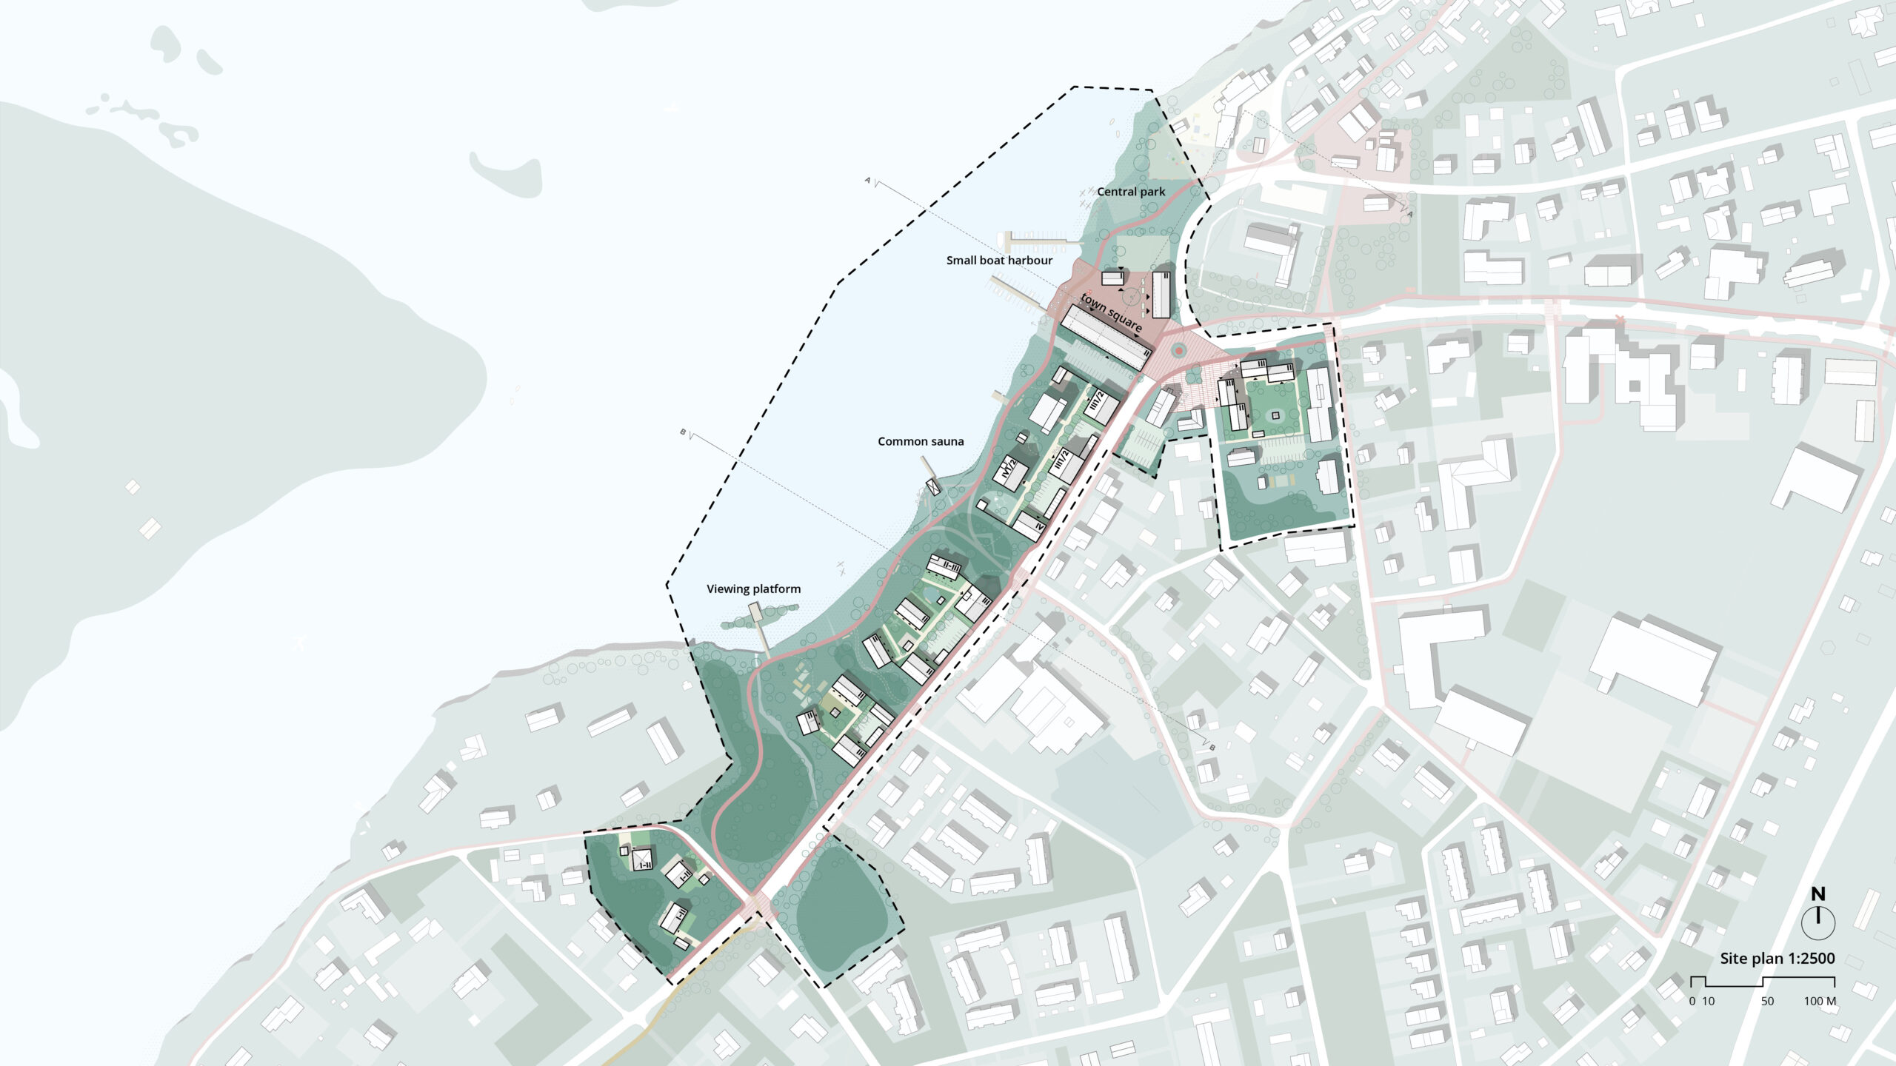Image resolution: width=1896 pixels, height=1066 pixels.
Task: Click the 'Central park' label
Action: point(1131,192)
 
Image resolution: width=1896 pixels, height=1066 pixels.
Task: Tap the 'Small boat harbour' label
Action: point(999,261)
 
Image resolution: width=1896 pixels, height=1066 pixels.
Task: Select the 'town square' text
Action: point(1111,312)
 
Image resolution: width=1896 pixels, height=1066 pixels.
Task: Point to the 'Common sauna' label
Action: point(921,441)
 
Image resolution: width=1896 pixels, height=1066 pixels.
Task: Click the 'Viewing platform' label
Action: point(753,589)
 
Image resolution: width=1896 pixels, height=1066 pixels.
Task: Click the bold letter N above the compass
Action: point(1818,894)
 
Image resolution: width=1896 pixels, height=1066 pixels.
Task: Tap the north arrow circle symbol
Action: point(1818,922)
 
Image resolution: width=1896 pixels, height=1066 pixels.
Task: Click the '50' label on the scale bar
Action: point(1767,1002)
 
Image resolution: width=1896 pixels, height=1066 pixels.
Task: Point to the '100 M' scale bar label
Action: point(1820,1002)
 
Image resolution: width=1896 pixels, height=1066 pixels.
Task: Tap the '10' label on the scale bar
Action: point(1708,1002)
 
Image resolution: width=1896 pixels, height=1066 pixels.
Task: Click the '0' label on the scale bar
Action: point(1692,1002)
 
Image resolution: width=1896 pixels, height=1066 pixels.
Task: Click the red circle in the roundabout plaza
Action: point(1178,350)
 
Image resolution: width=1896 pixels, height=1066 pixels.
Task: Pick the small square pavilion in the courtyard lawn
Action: point(1275,416)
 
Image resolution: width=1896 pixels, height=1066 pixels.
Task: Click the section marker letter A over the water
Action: point(867,179)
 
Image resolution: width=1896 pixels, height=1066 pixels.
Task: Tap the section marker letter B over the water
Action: point(683,432)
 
